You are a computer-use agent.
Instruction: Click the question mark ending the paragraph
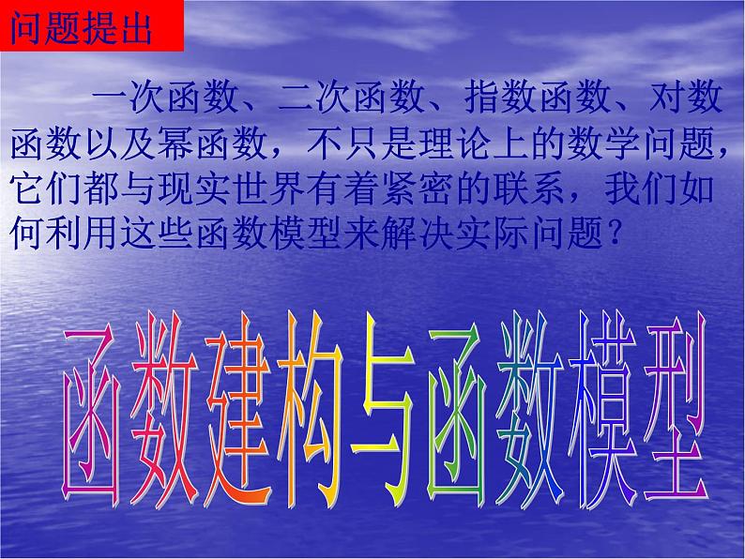pyautogui.click(x=616, y=229)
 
